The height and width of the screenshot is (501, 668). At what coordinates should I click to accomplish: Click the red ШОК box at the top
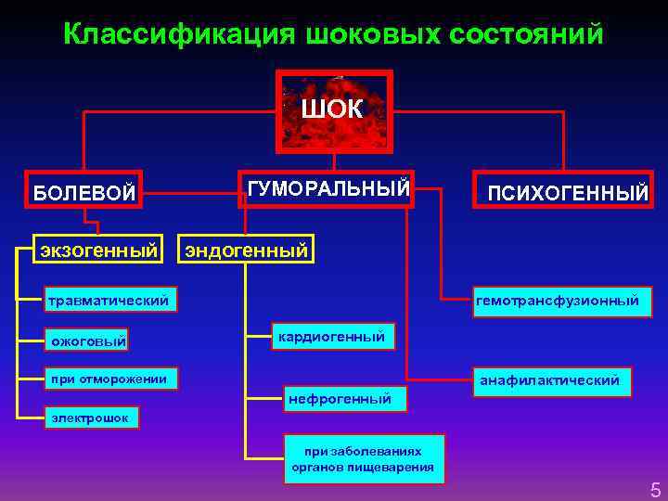click(333, 109)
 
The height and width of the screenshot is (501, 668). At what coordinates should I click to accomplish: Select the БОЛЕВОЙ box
click(84, 193)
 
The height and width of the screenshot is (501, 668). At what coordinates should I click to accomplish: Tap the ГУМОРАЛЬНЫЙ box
click(327, 189)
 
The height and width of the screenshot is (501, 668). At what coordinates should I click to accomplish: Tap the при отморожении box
click(109, 378)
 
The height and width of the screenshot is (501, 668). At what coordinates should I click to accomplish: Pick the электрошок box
click(92, 418)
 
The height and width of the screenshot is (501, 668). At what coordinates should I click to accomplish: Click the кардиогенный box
click(331, 336)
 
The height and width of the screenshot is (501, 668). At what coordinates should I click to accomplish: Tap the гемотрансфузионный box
click(558, 300)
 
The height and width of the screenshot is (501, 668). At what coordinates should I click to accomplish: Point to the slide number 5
click(655, 489)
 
